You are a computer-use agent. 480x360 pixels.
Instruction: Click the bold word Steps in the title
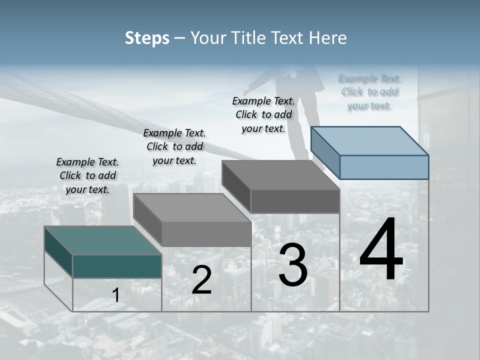(147, 38)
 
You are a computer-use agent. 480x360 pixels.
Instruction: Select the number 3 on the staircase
(293, 265)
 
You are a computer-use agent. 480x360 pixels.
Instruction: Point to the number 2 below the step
(201, 280)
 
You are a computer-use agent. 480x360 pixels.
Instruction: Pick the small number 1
(116, 295)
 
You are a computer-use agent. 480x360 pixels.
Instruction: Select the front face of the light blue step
(384, 167)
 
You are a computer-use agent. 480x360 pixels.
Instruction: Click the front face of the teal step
(117, 266)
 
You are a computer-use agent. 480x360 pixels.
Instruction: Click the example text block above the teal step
(87, 175)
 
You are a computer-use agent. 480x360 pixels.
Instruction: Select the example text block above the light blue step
(369, 92)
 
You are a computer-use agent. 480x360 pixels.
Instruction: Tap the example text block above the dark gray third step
(263, 114)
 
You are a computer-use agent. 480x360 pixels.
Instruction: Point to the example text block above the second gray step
(174, 146)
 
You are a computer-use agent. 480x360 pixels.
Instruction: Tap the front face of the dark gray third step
(295, 201)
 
